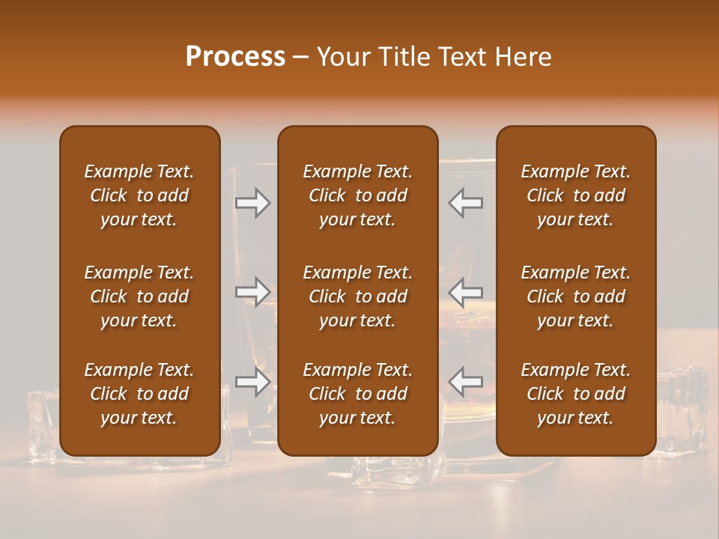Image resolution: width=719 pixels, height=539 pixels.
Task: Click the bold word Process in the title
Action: [235, 57]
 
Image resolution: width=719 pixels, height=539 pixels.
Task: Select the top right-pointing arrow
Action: [253, 203]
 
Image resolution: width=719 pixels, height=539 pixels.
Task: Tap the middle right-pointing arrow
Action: [253, 292]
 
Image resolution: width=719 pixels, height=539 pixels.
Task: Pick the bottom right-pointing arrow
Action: [253, 382]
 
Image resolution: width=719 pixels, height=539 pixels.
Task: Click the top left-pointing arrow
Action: [466, 203]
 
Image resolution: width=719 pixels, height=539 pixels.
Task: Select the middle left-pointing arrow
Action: [466, 292]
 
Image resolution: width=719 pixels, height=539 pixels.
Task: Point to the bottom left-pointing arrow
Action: [466, 382]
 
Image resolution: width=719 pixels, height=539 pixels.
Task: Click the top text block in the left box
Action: [139, 195]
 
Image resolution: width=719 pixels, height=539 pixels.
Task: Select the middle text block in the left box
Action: [139, 296]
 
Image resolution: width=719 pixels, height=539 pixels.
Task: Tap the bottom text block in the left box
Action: [139, 394]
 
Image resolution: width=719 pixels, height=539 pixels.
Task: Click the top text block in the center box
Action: [357, 195]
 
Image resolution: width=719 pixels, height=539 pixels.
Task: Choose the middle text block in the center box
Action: [357, 296]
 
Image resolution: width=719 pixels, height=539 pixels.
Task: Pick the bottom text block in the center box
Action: [357, 394]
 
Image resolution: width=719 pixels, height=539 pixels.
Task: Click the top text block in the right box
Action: [575, 195]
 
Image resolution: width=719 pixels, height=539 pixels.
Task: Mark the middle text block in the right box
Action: [575, 296]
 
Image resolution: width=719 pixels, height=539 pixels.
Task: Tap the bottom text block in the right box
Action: [575, 394]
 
